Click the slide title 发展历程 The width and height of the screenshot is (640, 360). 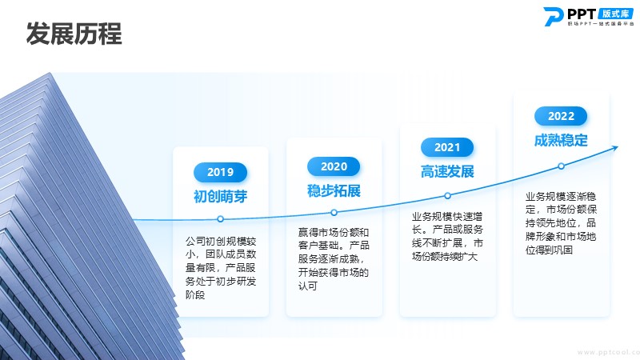(x=74, y=34)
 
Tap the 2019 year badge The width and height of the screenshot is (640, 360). (x=221, y=172)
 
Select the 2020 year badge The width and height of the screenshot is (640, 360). (x=334, y=166)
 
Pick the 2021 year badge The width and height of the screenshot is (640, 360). (x=447, y=147)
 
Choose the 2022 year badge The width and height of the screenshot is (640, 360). (x=561, y=116)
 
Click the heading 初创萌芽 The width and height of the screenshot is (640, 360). (x=221, y=196)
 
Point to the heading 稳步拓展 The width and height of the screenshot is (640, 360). (x=334, y=190)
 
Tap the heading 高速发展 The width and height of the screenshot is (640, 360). (x=447, y=171)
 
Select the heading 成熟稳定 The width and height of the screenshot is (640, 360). (x=561, y=140)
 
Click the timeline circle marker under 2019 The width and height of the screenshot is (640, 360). (x=221, y=219)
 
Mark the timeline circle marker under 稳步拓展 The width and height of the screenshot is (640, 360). (x=334, y=212)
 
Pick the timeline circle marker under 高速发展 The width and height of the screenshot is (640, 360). (x=447, y=195)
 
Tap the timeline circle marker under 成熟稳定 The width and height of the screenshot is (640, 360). (x=562, y=166)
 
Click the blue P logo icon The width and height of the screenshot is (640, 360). (x=553, y=17)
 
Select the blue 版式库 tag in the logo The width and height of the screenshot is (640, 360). (x=615, y=14)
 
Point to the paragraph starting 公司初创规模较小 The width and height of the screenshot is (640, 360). (x=221, y=268)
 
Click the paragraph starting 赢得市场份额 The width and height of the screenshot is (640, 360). (x=334, y=258)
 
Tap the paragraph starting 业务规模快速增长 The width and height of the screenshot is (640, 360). (x=447, y=236)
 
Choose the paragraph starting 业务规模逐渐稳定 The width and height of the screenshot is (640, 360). (x=561, y=223)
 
